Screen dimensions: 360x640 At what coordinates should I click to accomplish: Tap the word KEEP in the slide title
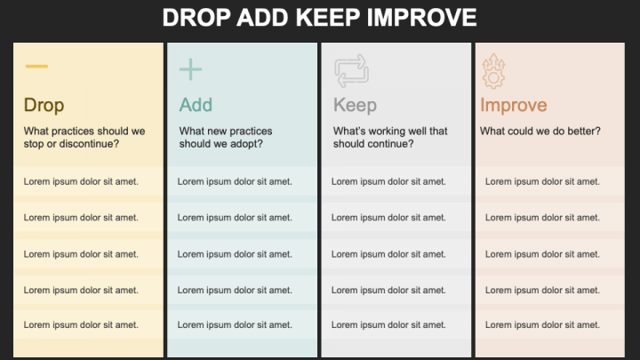[x=339, y=18]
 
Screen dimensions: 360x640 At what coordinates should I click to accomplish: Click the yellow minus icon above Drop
[x=36, y=67]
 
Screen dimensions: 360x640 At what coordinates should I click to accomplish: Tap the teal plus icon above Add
[x=190, y=69]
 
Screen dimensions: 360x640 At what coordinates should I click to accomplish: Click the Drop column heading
[x=44, y=106]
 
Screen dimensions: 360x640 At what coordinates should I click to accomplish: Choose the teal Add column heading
[x=196, y=106]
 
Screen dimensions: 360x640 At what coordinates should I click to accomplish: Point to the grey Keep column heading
[x=355, y=106]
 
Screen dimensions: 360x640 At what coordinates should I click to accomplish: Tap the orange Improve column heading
[x=513, y=106]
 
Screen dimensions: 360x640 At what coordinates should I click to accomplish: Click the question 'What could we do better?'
[x=540, y=132]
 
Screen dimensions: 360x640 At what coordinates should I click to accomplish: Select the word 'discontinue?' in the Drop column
[x=89, y=144]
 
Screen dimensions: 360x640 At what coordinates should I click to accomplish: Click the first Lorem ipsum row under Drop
[x=81, y=181]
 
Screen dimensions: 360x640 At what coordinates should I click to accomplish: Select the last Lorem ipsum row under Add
[x=235, y=325]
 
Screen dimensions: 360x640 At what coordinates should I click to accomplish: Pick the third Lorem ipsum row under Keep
[x=389, y=254]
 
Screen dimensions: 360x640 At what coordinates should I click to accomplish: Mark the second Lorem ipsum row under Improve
[x=542, y=218]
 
